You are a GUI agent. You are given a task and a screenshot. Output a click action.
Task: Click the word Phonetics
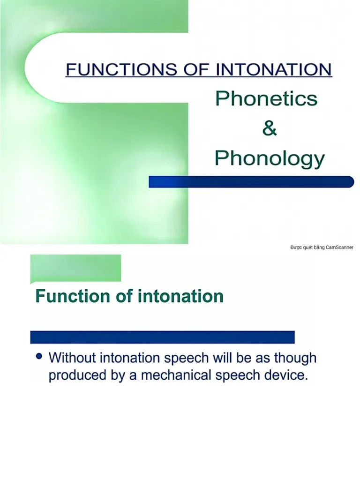click(266, 99)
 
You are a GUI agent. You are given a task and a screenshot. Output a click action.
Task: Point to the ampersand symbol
click(269, 128)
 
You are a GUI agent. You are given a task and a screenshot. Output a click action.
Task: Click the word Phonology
click(269, 158)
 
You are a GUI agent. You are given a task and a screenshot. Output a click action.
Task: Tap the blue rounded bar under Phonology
click(251, 181)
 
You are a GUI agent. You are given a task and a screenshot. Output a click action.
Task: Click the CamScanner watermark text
click(322, 247)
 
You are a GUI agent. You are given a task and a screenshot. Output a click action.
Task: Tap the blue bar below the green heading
click(162, 337)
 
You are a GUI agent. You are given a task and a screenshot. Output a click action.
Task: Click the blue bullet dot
click(39, 357)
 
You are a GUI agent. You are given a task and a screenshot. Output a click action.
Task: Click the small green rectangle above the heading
click(75, 268)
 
